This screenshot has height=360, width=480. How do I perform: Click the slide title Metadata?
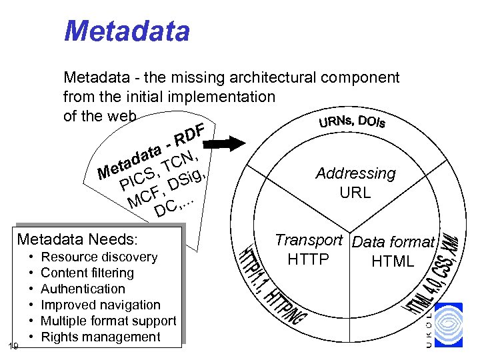tap(127, 31)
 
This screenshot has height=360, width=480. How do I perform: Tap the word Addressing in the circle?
tap(355, 174)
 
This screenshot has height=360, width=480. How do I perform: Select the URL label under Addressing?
tap(355, 194)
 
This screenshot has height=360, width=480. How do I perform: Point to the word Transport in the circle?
tap(309, 240)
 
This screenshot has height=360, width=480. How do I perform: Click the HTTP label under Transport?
tap(308, 259)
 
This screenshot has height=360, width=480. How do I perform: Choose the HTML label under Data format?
tap(393, 261)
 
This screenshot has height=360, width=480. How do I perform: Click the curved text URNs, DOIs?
tap(351, 122)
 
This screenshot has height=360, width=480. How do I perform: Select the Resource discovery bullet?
tap(99, 257)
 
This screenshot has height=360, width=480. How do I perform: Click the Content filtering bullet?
tap(87, 273)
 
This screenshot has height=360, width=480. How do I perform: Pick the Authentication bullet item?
tap(83, 289)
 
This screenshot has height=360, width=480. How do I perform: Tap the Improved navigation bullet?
tap(100, 305)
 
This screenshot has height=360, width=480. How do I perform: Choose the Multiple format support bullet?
tap(108, 321)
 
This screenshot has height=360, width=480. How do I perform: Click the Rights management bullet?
tap(100, 337)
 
